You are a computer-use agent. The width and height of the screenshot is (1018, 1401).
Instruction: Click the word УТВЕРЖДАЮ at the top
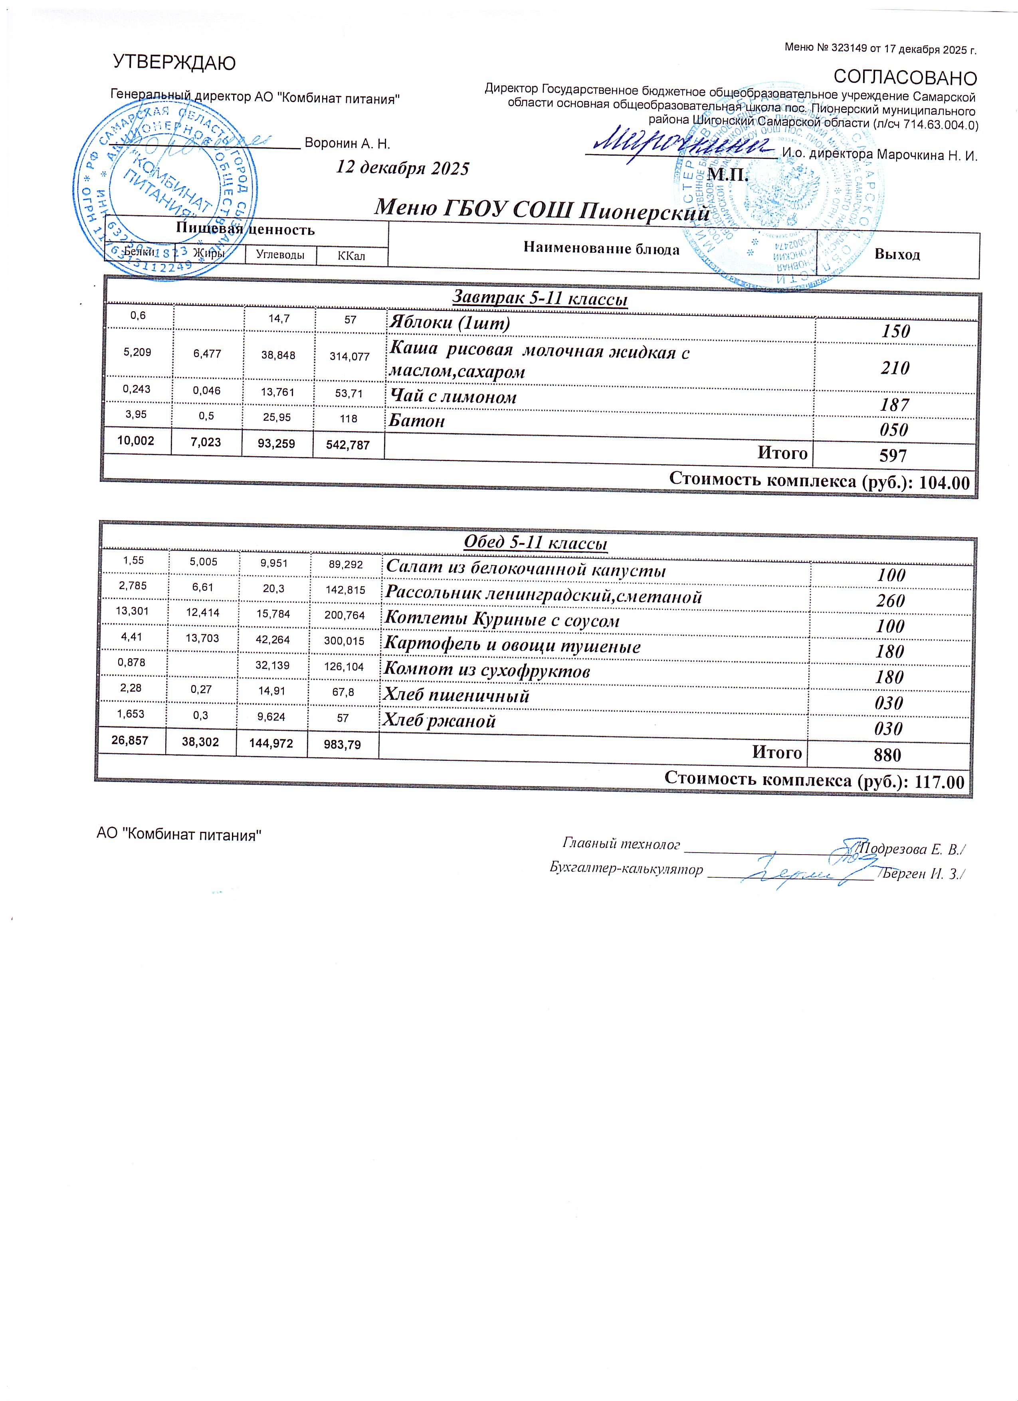pyautogui.click(x=174, y=62)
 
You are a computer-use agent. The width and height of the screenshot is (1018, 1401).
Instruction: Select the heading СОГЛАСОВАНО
pyautogui.click(x=905, y=78)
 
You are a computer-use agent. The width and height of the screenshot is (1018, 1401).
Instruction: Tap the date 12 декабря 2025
pyautogui.click(x=402, y=168)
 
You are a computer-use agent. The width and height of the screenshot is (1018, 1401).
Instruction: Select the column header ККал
pyautogui.click(x=351, y=255)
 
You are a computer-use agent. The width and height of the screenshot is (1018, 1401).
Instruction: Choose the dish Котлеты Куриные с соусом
pyautogui.click(x=501, y=620)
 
